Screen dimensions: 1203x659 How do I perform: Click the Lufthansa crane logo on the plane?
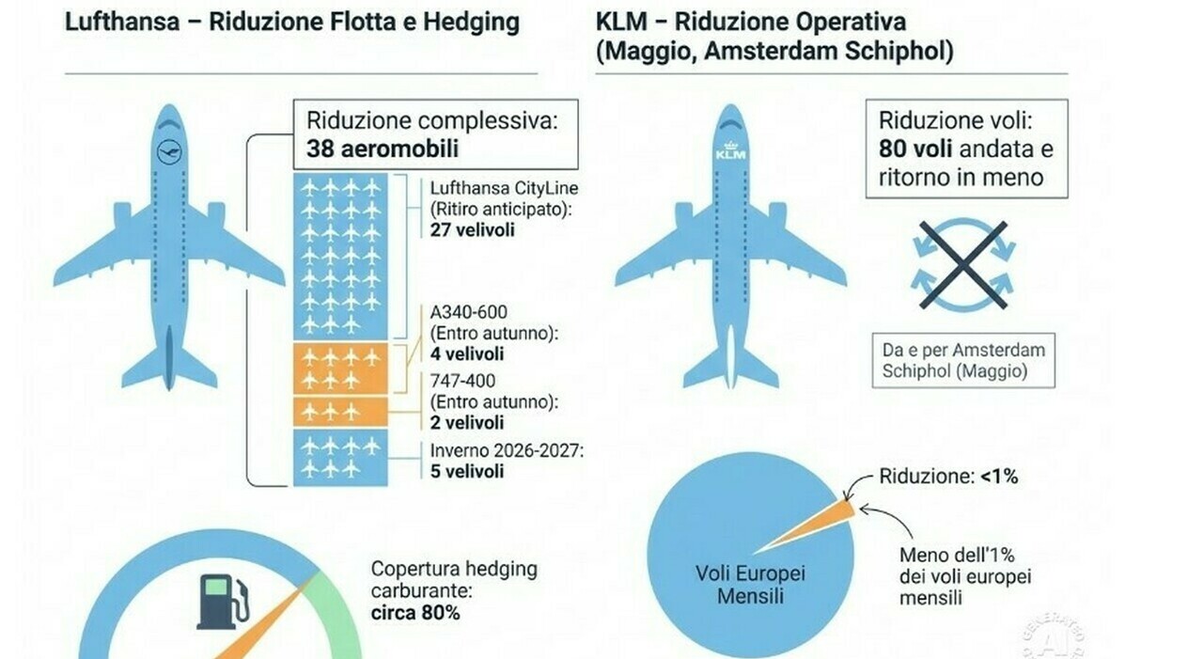click(170, 151)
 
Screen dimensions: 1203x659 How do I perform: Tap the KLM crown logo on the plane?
click(731, 150)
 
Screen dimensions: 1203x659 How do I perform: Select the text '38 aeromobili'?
click(383, 149)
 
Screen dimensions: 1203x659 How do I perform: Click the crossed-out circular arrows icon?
click(963, 265)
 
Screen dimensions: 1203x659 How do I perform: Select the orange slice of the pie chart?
click(805, 527)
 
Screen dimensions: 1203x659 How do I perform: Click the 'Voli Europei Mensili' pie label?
click(750, 585)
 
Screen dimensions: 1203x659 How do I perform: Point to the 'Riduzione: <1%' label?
click(948, 477)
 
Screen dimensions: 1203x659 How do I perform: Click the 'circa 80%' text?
click(415, 613)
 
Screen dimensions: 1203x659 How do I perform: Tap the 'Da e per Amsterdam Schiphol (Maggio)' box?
click(963, 360)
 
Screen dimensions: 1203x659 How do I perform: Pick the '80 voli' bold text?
click(915, 149)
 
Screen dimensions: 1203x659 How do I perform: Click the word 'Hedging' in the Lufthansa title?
click(471, 23)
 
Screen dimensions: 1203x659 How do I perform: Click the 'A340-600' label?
click(469, 312)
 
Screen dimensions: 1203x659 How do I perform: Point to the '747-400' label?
click(463, 381)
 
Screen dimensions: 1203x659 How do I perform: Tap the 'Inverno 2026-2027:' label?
click(507, 450)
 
